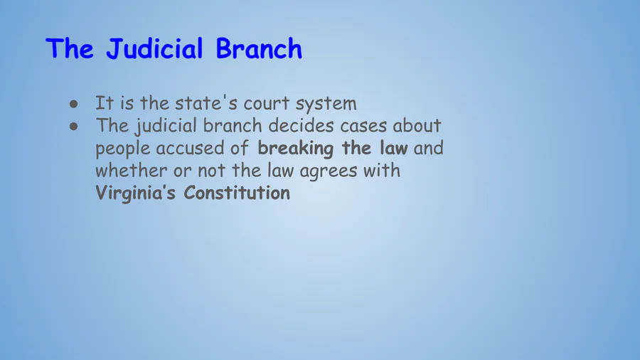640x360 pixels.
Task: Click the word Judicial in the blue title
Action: (x=154, y=49)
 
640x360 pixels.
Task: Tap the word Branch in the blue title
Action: (x=259, y=48)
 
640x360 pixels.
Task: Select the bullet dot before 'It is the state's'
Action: (x=73, y=104)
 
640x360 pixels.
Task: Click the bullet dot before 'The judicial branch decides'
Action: (x=73, y=127)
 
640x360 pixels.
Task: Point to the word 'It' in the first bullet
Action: (x=104, y=103)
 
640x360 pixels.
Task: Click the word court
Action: (x=266, y=104)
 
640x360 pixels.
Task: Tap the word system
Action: (x=326, y=105)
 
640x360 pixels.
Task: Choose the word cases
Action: (x=363, y=126)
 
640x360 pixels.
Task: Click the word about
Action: (x=417, y=125)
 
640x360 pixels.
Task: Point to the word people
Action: (x=122, y=149)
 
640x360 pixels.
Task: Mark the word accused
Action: (x=190, y=148)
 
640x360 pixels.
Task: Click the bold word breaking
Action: (x=295, y=149)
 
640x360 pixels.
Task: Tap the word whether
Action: (x=131, y=171)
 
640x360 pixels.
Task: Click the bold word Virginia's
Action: (x=136, y=194)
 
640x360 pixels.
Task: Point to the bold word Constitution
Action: (x=237, y=193)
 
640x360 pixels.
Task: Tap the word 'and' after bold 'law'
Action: (x=428, y=148)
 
